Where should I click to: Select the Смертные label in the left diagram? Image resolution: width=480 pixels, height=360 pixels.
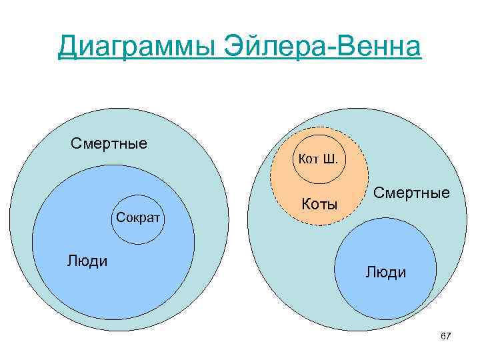(x=109, y=143)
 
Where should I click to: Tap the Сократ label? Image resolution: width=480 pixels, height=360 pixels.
(x=139, y=217)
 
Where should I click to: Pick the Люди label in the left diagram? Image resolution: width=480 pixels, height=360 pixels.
(x=87, y=260)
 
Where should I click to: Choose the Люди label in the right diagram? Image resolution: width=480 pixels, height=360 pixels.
(x=385, y=272)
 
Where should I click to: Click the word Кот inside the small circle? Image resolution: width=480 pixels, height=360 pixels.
(x=310, y=159)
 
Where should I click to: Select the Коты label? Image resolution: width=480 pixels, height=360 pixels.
(x=320, y=203)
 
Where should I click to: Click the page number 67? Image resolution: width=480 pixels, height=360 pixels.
(x=446, y=337)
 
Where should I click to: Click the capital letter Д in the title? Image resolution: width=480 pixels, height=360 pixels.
(x=67, y=47)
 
